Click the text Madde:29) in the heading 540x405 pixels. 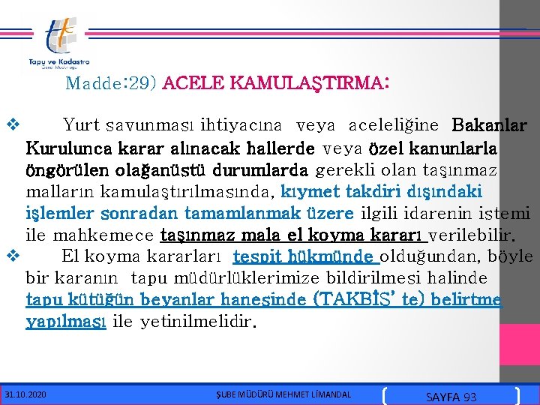(x=111, y=82)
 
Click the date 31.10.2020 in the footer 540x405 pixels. (x=25, y=394)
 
